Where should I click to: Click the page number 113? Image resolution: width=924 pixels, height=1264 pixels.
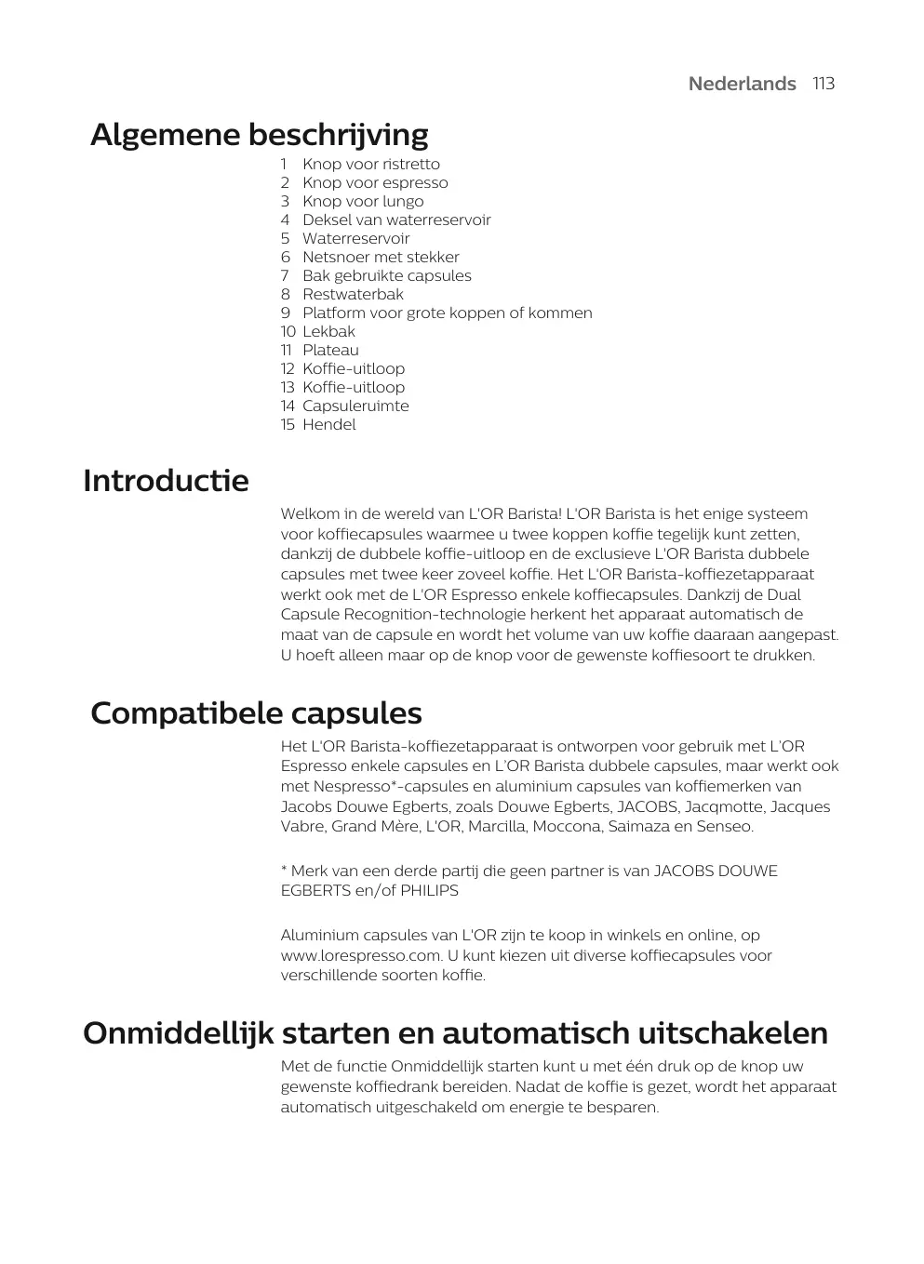pyautogui.click(x=823, y=84)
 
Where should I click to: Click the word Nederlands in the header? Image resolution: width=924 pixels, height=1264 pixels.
pyautogui.click(x=742, y=84)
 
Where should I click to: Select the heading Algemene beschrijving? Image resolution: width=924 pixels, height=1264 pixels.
pyautogui.click(x=259, y=135)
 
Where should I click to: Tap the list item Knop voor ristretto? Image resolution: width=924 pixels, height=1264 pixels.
pyautogui.click(x=370, y=165)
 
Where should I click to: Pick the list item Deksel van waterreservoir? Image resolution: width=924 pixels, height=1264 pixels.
pyautogui.click(x=395, y=220)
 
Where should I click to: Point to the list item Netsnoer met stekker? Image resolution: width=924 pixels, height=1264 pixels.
pyautogui.click(x=380, y=258)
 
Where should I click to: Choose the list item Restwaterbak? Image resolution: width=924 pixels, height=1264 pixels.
pyautogui.click(x=353, y=295)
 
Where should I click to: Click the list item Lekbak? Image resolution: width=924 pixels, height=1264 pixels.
pyautogui.click(x=328, y=332)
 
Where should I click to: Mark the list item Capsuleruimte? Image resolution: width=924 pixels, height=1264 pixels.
pyautogui.click(x=355, y=406)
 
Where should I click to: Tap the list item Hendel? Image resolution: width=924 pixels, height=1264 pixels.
pyautogui.click(x=328, y=425)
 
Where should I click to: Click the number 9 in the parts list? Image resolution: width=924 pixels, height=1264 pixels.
pyautogui.click(x=286, y=313)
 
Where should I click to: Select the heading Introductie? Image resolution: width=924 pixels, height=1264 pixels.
pyautogui.click(x=166, y=481)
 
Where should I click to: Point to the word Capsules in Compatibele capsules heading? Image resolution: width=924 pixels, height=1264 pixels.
pyautogui.click(x=356, y=713)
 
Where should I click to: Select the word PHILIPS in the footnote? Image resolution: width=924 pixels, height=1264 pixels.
pyautogui.click(x=429, y=891)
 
